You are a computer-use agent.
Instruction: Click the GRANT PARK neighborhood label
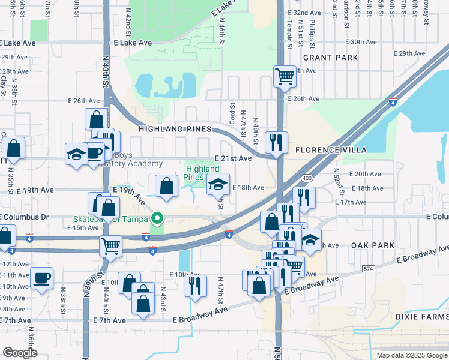[330, 58]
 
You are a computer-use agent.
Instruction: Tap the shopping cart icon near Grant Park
[285, 76]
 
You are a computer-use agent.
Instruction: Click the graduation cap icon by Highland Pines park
[218, 184]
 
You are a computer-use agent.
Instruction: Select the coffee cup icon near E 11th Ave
[41, 278]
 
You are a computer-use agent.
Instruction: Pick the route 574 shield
[369, 269]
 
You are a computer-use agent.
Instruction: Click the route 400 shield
[307, 178]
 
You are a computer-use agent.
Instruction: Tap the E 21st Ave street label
[233, 158]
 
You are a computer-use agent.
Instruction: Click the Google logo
[20, 353]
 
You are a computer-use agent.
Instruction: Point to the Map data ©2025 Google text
[411, 355]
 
